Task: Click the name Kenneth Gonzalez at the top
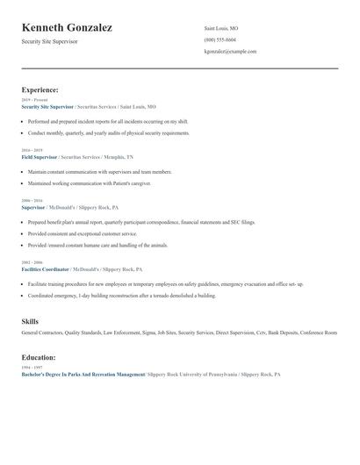(x=67, y=28)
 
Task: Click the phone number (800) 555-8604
(x=220, y=39)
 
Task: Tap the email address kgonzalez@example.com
(x=230, y=51)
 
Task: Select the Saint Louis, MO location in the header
(x=220, y=28)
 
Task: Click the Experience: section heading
(x=40, y=89)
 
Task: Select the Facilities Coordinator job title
(x=46, y=269)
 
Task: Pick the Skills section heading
(x=30, y=322)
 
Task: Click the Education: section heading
(x=39, y=357)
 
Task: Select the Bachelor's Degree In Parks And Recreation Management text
(x=83, y=375)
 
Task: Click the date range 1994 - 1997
(x=30, y=368)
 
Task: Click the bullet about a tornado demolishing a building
(x=121, y=296)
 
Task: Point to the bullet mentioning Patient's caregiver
(x=101, y=183)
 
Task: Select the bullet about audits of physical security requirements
(x=108, y=132)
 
